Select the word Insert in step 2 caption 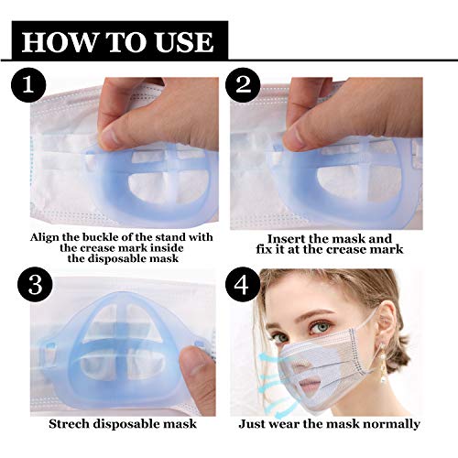click(x=283, y=235)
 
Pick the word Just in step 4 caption click(x=254, y=424)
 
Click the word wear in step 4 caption click(x=289, y=424)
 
